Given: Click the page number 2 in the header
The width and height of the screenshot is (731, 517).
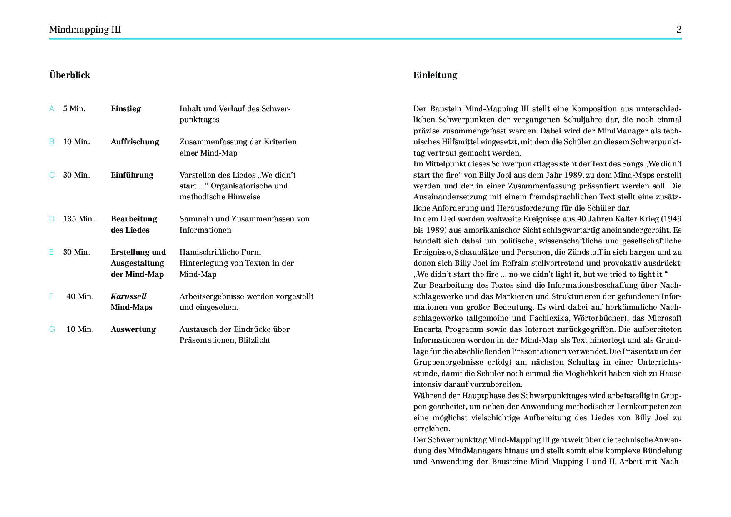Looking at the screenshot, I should tap(679, 29).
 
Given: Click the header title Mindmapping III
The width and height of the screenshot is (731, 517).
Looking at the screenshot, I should tap(85, 29).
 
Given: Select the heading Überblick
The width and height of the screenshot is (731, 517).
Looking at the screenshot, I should tap(70, 75).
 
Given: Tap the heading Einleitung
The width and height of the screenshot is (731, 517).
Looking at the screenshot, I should tap(435, 75).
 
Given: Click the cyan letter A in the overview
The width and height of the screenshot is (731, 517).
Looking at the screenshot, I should tap(52, 109).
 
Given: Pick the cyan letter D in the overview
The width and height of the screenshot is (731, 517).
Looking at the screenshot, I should tap(52, 219).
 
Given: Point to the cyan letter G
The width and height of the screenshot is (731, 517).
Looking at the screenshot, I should tap(52, 329).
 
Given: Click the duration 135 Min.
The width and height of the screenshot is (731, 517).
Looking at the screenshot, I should tap(78, 219).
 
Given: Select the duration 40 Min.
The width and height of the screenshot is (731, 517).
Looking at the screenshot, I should tap(80, 296).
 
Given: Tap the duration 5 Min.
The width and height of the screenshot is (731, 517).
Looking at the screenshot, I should tap(74, 109).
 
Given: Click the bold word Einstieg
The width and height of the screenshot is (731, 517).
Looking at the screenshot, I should tap(125, 109).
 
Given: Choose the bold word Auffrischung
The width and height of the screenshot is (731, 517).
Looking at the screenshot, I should tap(135, 142).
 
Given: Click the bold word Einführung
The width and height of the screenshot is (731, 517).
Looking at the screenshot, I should tap(132, 175).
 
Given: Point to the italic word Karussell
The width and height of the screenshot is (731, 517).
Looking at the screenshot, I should tap(128, 296).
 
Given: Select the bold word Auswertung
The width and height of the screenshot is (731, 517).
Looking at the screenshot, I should tap(133, 329).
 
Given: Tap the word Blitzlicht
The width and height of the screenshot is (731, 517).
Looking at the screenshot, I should tap(254, 340).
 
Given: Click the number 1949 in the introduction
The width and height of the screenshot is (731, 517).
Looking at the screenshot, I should tap(672, 219).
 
